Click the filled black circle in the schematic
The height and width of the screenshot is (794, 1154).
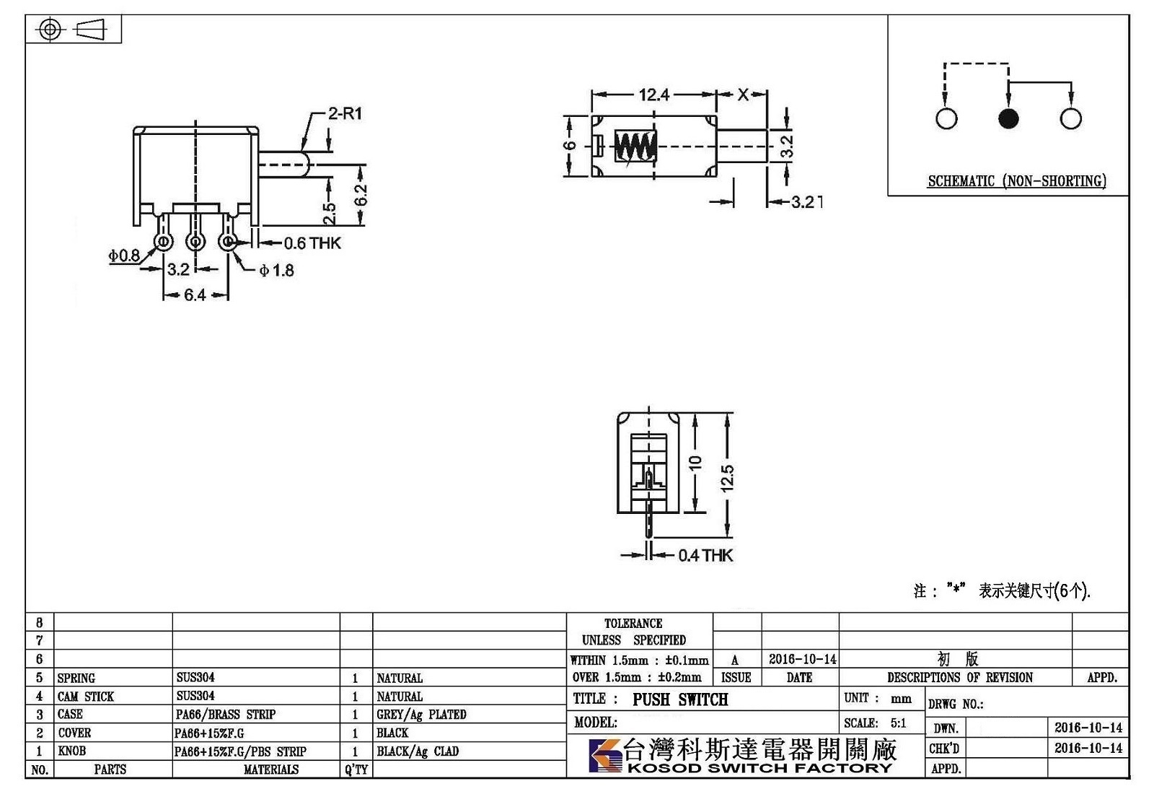click(1008, 118)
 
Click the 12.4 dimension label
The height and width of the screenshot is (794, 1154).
click(653, 95)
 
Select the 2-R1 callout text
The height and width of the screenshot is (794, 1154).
click(345, 113)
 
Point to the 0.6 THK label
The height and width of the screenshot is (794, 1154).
click(312, 243)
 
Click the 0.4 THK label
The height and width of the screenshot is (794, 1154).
click(705, 555)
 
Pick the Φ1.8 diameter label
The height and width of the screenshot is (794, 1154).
click(277, 270)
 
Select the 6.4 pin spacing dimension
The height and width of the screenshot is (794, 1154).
click(195, 295)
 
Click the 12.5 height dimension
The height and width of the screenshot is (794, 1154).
click(727, 478)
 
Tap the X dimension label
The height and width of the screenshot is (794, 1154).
click(742, 95)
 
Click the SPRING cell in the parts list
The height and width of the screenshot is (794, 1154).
click(76, 678)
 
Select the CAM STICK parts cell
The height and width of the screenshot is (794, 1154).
click(86, 697)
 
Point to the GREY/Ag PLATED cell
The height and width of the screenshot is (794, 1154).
click(421, 715)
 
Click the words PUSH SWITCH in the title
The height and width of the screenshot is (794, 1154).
click(680, 699)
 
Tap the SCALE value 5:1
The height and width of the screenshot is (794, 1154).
click(898, 723)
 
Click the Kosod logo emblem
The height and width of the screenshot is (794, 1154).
click(606, 755)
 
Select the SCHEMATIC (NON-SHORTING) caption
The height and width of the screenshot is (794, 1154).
click(1017, 181)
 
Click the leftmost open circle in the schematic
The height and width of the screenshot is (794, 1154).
click(946, 118)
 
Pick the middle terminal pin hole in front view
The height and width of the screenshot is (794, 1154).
click(195, 241)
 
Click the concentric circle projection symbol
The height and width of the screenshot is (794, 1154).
click(50, 29)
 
